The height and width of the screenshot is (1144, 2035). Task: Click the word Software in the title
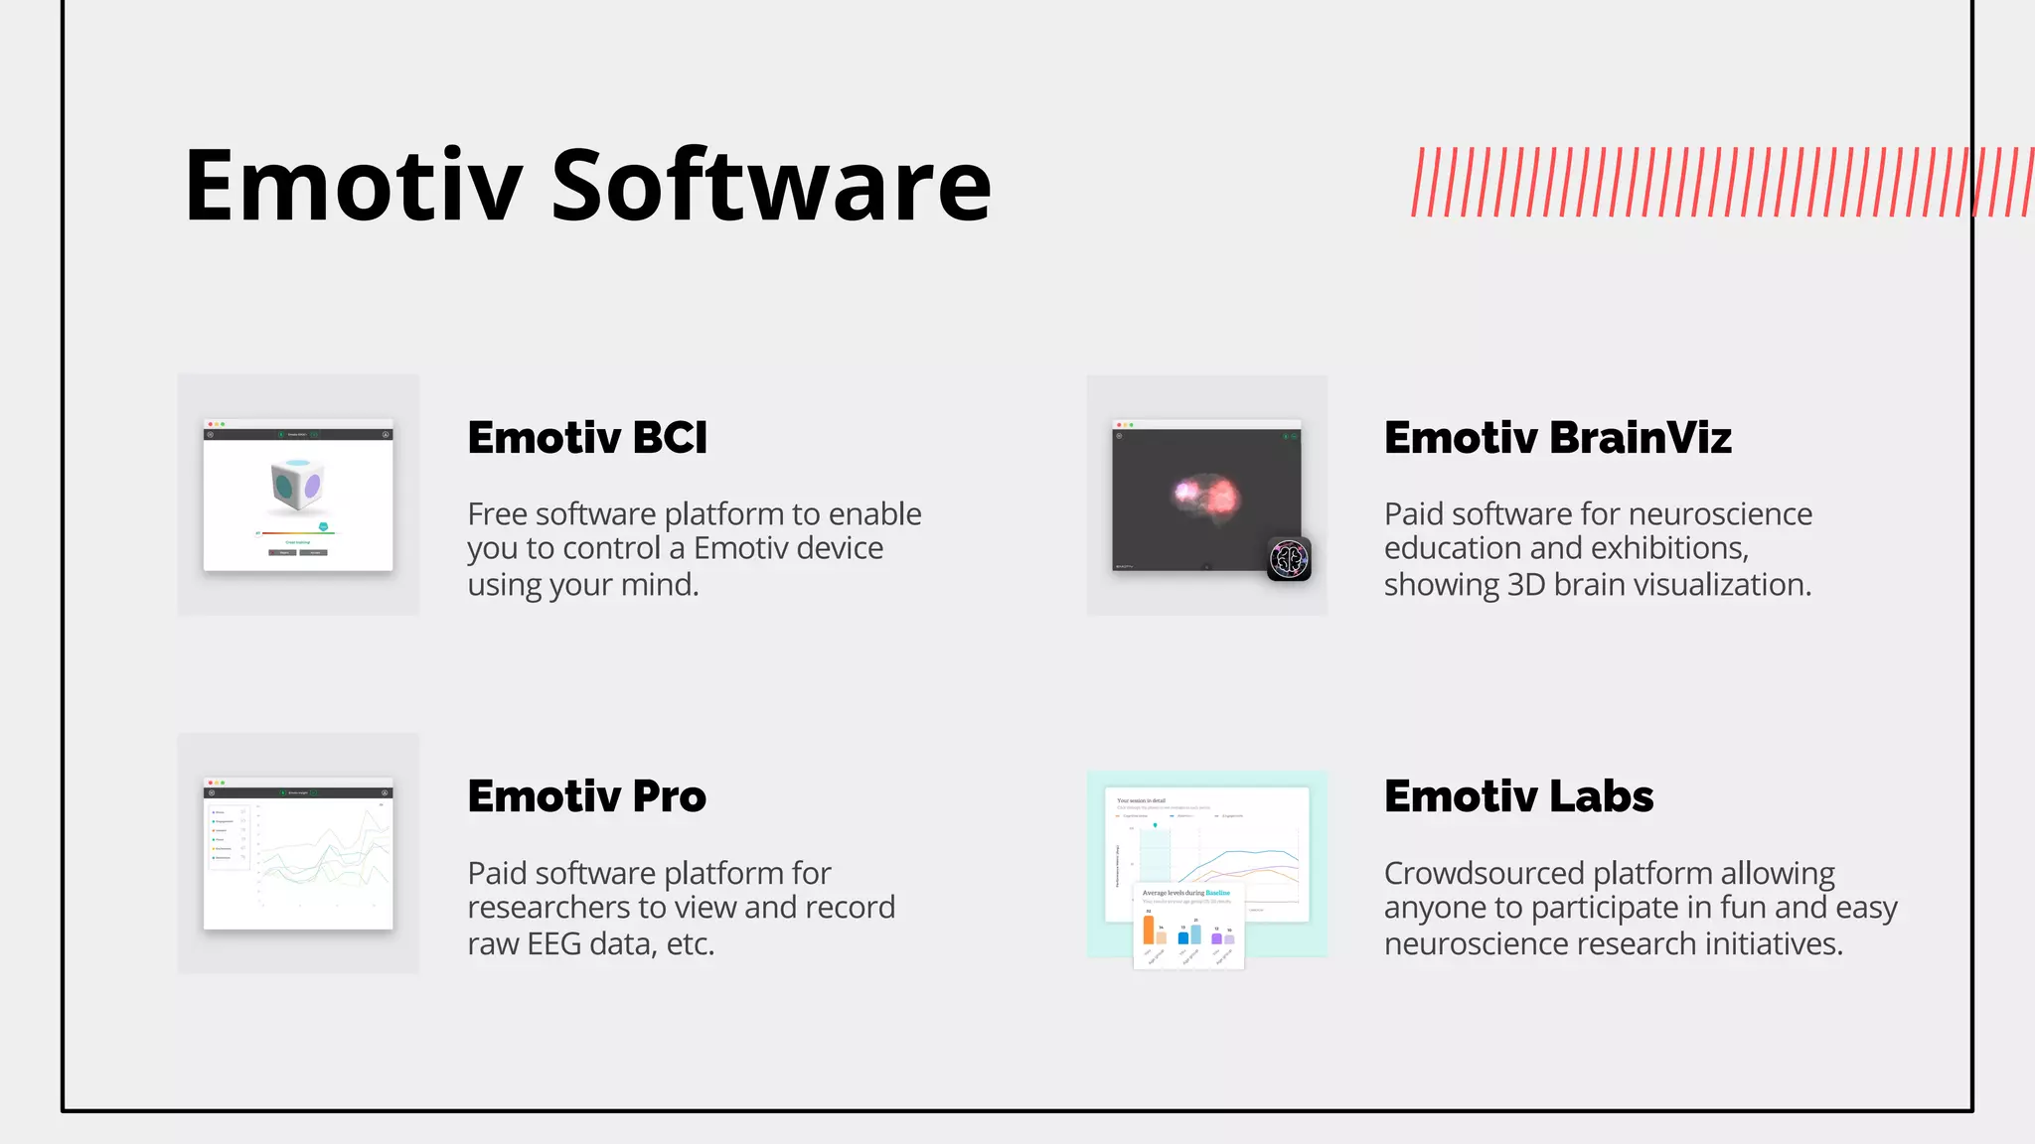[x=771, y=186]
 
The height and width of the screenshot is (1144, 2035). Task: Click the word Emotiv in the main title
[x=353, y=186]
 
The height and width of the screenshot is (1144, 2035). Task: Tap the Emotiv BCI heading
[x=587, y=438]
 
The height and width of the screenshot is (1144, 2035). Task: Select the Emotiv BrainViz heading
[x=1557, y=438]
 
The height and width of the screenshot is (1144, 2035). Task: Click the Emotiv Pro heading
[x=586, y=796]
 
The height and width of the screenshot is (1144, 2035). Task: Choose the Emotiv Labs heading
[x=1518, y=796]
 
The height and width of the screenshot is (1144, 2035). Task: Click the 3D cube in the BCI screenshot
[x=296, y=485]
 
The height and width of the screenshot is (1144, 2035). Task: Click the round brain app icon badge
[x=1289, y=559]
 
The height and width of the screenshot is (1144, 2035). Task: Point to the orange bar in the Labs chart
[x=1149, y=929]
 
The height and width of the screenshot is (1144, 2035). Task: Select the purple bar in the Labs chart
[x=1216, y=938]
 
